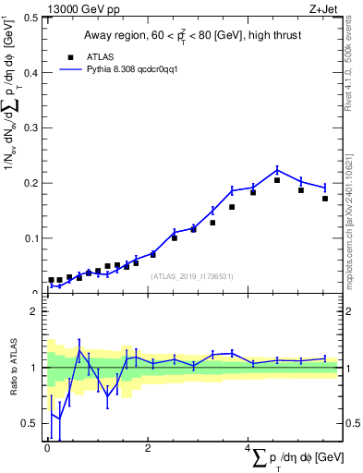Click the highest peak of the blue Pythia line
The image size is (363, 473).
[x=277, y=169]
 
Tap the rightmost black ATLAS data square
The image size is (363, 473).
[x=325, y=198]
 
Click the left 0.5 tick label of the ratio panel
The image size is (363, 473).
[x=33, y=423]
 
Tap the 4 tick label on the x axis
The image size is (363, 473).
[x=248, y=446]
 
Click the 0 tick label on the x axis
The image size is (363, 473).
[x=47, y=446]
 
